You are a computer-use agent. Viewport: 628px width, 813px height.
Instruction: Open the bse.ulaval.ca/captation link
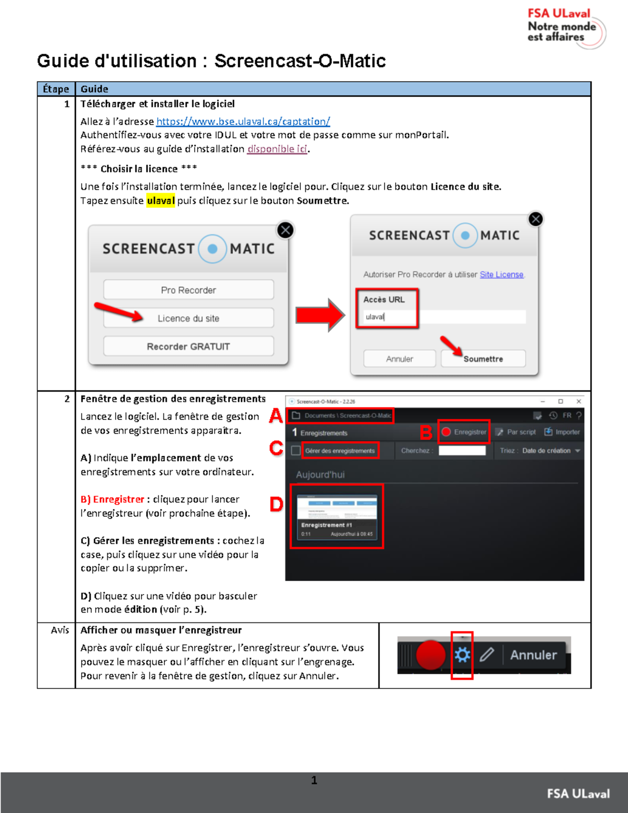(243, 121)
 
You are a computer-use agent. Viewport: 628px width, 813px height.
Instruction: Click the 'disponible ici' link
(277, 149)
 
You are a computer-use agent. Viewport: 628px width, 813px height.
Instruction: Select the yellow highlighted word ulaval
(161, 201)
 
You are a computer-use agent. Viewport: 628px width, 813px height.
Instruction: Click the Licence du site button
(188, 318)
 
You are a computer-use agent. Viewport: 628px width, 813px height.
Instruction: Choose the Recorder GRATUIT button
(188, 347)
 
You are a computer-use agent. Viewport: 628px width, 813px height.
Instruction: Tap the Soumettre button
(483, 359)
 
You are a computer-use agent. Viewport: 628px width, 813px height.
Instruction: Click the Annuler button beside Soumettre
(400, 359)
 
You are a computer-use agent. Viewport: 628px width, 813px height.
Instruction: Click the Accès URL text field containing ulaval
(444, 317)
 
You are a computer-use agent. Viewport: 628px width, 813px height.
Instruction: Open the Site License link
(501, 275)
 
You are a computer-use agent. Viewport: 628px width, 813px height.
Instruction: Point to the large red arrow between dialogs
(320, 315)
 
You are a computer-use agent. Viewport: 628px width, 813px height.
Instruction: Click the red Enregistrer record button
(464, 432)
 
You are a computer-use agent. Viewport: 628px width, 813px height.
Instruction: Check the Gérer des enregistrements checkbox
(296, 451)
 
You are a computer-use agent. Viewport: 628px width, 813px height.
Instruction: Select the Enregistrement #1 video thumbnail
(337, 516)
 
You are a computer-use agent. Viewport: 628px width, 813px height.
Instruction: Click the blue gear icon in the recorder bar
(462, 655)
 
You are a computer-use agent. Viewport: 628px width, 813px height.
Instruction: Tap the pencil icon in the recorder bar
(487, 655)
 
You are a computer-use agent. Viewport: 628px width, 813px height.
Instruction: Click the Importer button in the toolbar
(562, 432)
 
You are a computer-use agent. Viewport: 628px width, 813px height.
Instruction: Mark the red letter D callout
(276, 505)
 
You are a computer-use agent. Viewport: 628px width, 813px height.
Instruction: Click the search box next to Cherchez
(462, 451)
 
